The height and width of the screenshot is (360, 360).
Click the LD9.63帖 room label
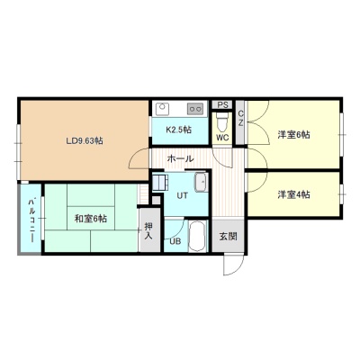click(85, 140)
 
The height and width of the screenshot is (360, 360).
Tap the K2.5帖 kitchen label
click(179, 130)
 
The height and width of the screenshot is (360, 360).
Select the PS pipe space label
click(223, 105)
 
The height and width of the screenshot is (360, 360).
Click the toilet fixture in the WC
click(222, 122)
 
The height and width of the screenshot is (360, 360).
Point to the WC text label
click(222, 138)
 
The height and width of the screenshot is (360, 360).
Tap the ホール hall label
click(180, 158)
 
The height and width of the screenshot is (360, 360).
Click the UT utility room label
click(182, 196)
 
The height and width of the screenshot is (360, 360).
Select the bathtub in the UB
click(198, 237)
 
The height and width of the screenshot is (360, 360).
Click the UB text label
click(175, 241)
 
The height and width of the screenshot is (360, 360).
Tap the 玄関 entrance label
click(228, 237)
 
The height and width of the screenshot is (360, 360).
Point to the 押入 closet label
click(148, 230)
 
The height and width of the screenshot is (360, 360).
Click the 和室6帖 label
click(91, 219)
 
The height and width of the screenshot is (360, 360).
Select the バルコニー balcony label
click(31, 220)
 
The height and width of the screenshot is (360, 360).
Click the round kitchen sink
click(163, 107)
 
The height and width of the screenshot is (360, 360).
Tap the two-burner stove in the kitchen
click(195, 109)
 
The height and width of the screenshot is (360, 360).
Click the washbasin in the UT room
click(201, 182)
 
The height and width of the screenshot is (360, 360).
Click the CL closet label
click(240, 118)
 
